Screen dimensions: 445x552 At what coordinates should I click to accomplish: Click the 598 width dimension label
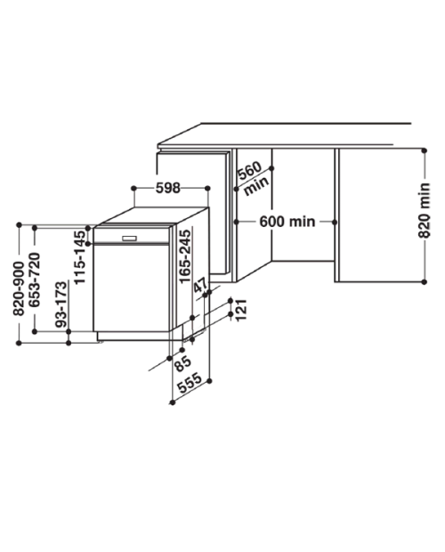168,189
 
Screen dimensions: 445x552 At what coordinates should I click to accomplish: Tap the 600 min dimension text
287,222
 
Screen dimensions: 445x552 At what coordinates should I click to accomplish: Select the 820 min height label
425,210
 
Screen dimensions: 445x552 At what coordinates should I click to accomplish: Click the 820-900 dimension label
19,288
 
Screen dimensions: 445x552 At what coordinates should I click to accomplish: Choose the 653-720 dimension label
35,280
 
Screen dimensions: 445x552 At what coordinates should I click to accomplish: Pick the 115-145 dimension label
80,257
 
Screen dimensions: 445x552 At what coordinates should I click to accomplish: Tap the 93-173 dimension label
61,304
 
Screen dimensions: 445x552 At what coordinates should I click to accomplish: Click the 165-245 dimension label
185,256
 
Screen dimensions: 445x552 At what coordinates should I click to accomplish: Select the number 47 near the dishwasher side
201,285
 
